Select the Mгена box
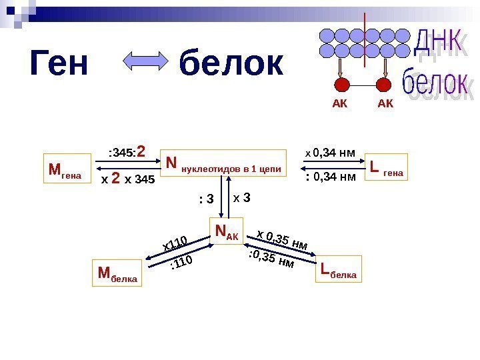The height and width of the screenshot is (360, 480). tap(65, 171)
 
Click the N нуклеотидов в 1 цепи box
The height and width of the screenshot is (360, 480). tap(223, 165)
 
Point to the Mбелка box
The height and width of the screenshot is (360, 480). tap(118, 273)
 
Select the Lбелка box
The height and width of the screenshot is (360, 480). tap(339, 269)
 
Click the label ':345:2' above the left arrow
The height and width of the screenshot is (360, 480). tap(127, 151)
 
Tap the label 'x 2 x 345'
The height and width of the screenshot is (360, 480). tap(127, 179)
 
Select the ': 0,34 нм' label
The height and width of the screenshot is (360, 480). tap(329, 177)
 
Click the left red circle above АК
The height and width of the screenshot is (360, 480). tap(341, 85)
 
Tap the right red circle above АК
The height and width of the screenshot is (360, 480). tap(385, 85)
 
